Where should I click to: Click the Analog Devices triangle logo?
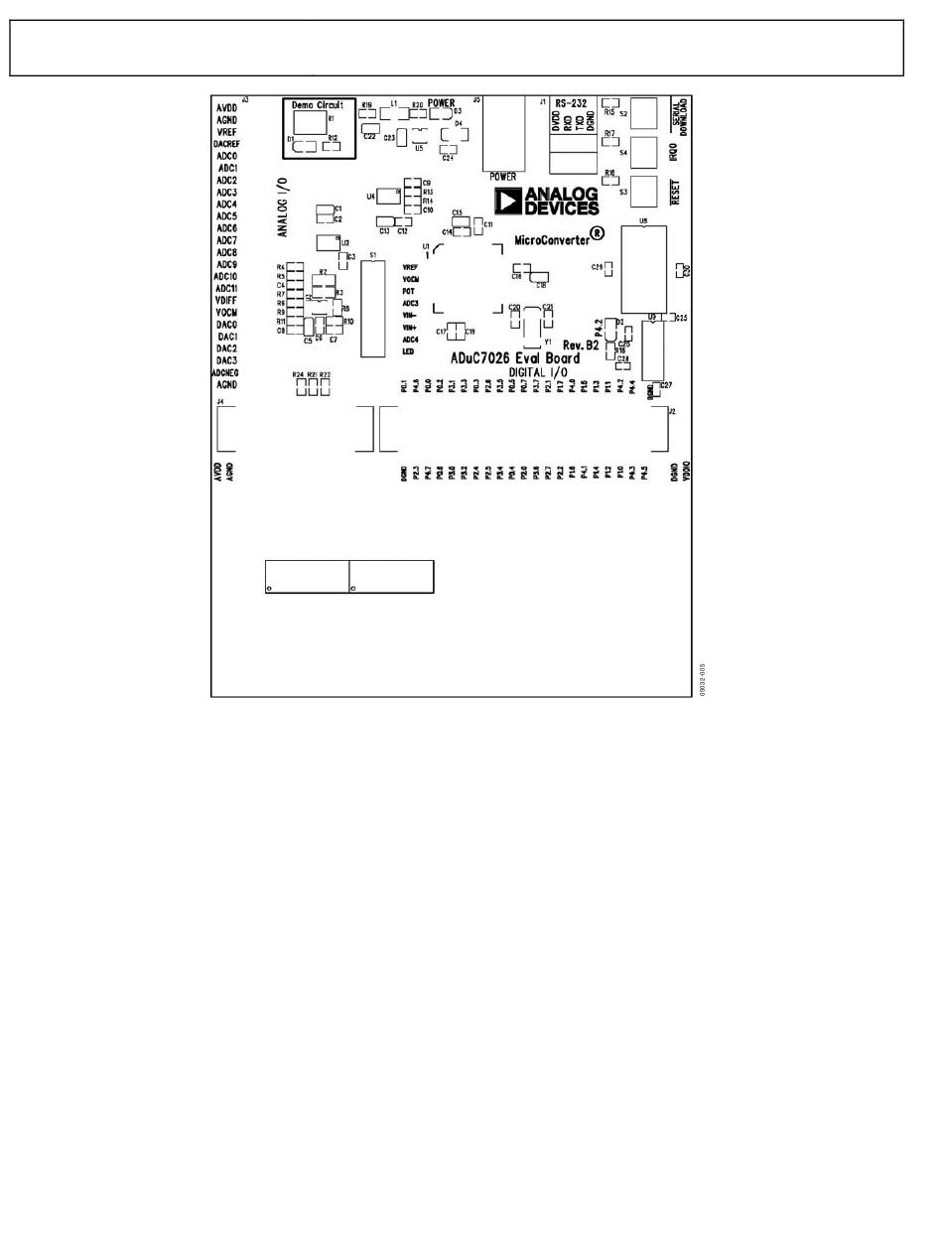click(x=509, y=203)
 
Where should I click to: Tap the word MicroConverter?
click(x=551, y=239)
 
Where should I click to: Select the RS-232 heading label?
click(x=571, y=102)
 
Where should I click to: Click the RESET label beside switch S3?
click(x=675, y=190)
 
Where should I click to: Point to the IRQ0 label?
click(x=674, y=153)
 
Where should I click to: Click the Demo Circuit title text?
click(x=317, y=104)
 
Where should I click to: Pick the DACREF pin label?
click(x=226, y=144)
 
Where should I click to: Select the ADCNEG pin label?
click(x=225, y=372)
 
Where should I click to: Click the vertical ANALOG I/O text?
click(x=283, y=207)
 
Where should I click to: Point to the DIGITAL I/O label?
click(x=538, y=371)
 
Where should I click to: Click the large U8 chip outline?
click(x=643, y=269)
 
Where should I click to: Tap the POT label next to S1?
click(x=408, y=292)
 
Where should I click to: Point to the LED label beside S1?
click(x=408, y=351)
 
